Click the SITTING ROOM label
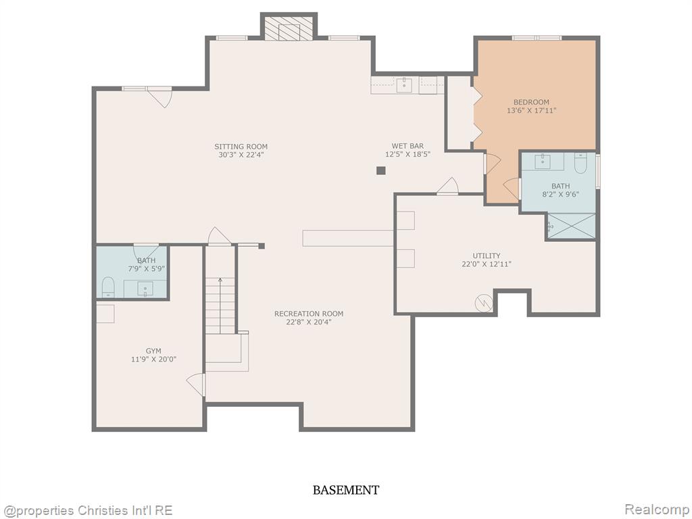tap(241, 147)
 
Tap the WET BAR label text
tap(407, 146)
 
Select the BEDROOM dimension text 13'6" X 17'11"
tap(531, 110)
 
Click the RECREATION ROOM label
tap(308, 314)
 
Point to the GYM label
tap(153, 351)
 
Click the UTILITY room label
tap(487, 256)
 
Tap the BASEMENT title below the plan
tap(345, 490)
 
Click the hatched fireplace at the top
tap(289, 28)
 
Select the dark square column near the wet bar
tap(381, 170)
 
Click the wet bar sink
tap(404, 84)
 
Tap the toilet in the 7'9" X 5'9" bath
tap(108, 287)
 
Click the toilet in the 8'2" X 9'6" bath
tap(580, 163)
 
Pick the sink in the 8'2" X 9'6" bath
tap(543, 162)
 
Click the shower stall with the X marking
tap(571, 226)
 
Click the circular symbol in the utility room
tap(484, 303)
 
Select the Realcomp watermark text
tap(656, 510)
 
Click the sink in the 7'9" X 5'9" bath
tap(145, 289)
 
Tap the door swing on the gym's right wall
tap(196, 385)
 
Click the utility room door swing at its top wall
tap(448, 186)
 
